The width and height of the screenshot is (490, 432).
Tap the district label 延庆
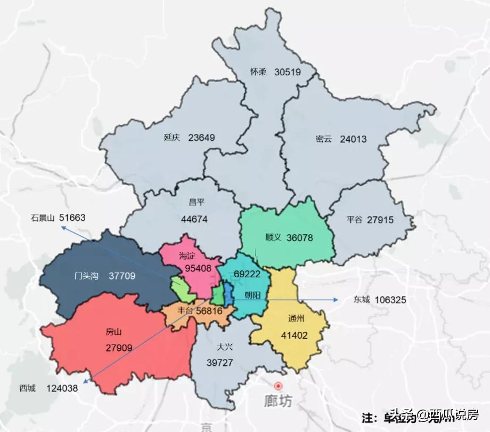click(x=172, y=138)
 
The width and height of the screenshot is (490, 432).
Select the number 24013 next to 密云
click(x=353, y=139)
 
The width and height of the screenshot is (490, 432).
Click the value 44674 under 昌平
click(x=194, y=219)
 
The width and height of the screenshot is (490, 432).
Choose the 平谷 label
click(x=354, y=219)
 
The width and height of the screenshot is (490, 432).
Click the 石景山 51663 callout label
click(x=58, y=218)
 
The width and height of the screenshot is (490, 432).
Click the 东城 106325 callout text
click(x=379, y=300)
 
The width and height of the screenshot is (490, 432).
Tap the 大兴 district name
click(x=224, y=347)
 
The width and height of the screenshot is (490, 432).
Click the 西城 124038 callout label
click(x=48, y=388)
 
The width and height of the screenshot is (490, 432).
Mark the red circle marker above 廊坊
click(x=277, y=385)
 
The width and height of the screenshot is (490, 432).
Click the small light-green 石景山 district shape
click(x=181, y=288)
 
